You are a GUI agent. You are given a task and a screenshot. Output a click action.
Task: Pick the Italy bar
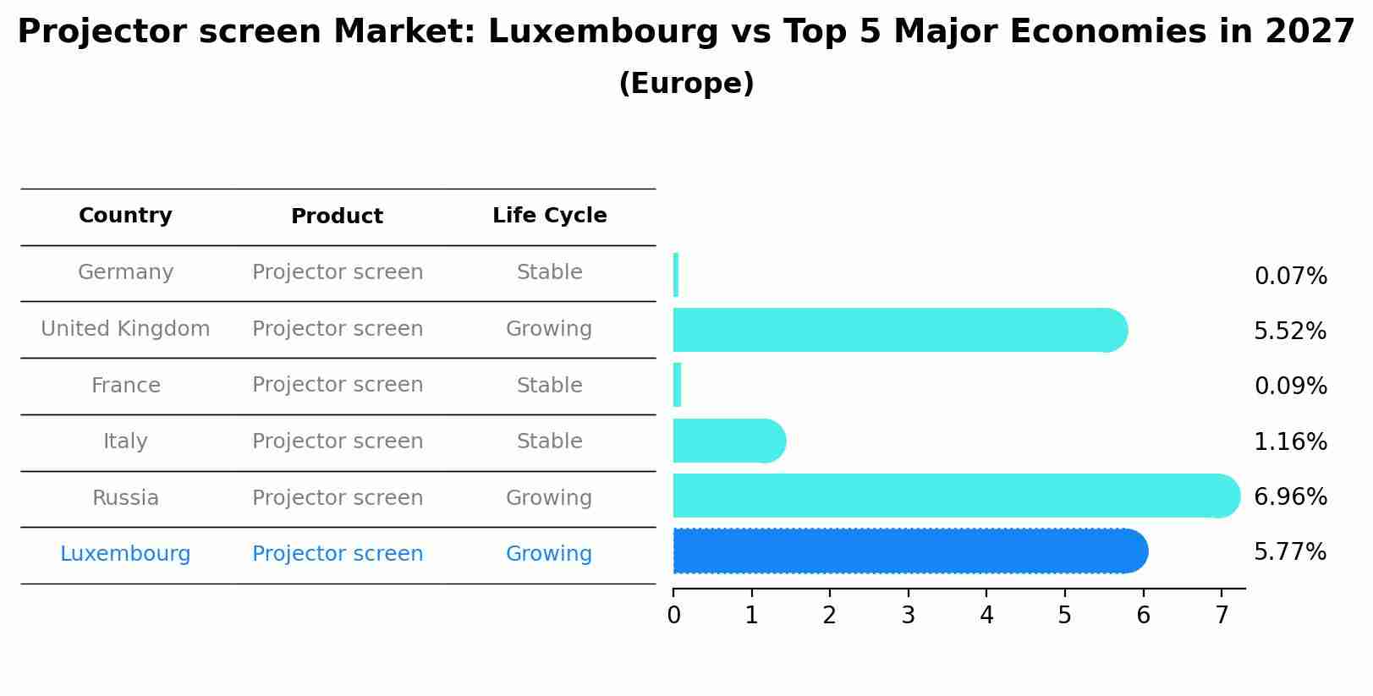click(x=728, y=441)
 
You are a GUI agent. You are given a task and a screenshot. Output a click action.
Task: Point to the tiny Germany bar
click(x=676, y=275)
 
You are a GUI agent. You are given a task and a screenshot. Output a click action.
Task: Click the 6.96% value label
click(x=1290, y=496)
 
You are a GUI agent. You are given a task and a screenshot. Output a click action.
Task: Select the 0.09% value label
click(x=1290, y=386)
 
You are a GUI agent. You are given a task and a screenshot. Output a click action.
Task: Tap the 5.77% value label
click(x=1290, y=552)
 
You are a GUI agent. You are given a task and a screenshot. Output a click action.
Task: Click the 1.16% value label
click(x=1290, y=441)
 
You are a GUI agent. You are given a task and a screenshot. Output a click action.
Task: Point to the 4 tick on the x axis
click(x=986, y=616)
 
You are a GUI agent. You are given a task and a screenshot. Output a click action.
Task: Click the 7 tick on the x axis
click(x=1222, y=616)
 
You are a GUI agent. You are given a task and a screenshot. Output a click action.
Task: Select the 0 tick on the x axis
click(x=673, y=616)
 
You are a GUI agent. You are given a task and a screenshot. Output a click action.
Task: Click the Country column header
click(x=125, y=216)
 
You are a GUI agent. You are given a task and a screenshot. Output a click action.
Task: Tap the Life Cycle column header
click(x=549, y=216)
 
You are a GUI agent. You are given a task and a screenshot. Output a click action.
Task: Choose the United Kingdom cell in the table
click(x=125, y=329)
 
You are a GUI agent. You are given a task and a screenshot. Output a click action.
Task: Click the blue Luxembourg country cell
click(x=125, y=554)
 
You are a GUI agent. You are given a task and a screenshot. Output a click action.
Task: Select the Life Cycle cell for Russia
click(x=549, y=498)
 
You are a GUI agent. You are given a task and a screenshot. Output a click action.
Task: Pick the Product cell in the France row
click(x=338, y=385)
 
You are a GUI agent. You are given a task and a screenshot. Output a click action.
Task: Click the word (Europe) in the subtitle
click(x=686, y=84)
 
